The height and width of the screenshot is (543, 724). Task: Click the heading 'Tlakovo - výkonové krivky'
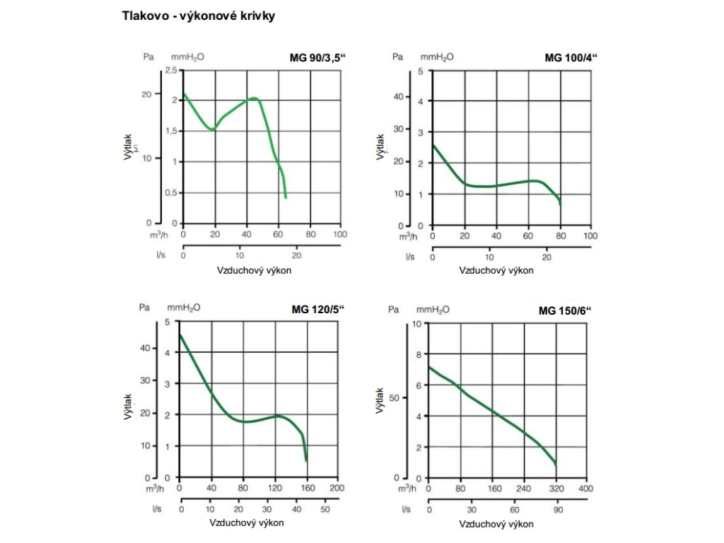[x=199, y=16]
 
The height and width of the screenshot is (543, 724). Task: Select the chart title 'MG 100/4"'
[x=571, y=58]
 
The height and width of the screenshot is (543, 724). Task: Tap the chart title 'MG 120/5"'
[x=317, y=309]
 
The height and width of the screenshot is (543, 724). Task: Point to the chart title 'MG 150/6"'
[x=564, y=310]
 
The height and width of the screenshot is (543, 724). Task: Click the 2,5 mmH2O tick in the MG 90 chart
[x=170, y=70]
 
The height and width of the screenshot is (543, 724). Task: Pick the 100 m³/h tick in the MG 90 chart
[x=340, y=235]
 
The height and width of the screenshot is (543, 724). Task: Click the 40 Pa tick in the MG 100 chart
[x=398, y=97]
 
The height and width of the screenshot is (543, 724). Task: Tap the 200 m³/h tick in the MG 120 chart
[x=337, y=489]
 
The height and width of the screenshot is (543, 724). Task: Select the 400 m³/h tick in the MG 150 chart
[x=586, y=489]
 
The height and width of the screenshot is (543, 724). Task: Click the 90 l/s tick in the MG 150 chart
[x=556, y=509]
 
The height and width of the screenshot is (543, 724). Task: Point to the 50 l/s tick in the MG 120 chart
[x=325, y=509]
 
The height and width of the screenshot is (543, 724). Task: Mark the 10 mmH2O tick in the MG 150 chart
[x=416, y=324]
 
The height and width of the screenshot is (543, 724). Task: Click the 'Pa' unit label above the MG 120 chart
[x=145, y=308]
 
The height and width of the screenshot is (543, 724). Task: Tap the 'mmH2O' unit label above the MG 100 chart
[x=437, y=57]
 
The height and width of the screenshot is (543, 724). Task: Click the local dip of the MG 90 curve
[x=211, y=129]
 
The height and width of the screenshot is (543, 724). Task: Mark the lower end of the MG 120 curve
[x=306, y=460]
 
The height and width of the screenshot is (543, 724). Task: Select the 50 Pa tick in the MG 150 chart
[x=395, y=397]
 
